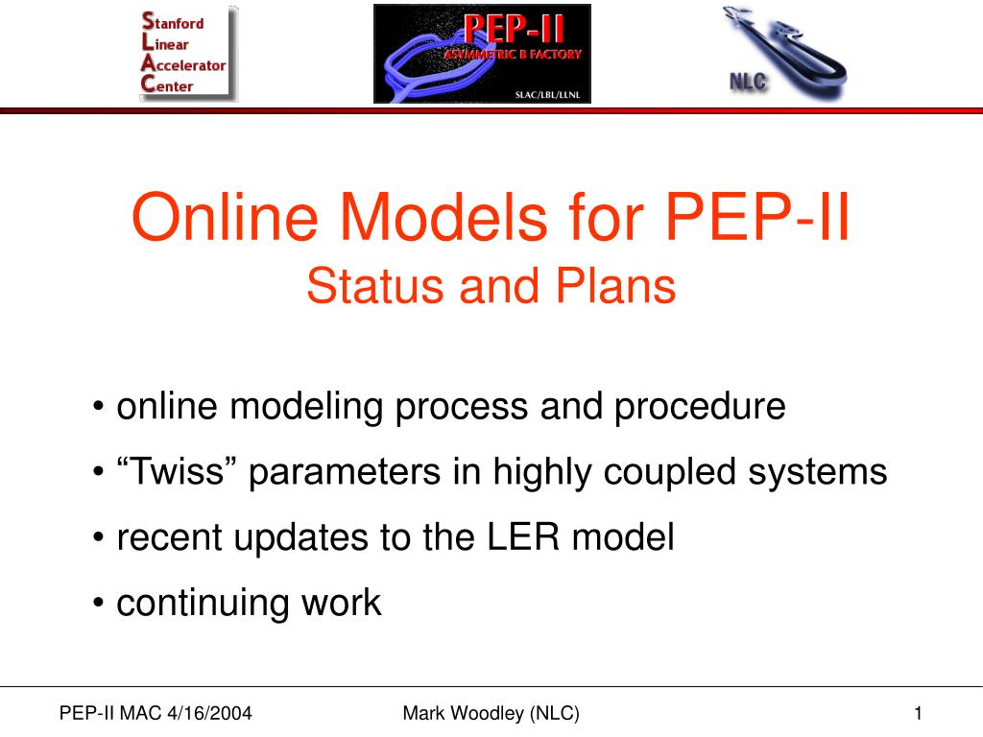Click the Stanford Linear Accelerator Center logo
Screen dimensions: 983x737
click(x=189, y=54)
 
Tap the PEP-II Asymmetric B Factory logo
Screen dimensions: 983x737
click(x=482, y=54)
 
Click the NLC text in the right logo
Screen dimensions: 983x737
click(x=748, y=82)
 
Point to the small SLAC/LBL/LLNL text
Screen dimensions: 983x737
click(x=547, y=95)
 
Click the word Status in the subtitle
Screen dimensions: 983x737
click(x=375, y=286)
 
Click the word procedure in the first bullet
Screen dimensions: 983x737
click(x=700, y=407)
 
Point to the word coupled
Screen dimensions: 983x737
click(x=669, y=473)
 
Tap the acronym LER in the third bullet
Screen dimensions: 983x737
click(x=523, y=537)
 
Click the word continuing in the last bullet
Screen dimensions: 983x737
click(x=203, y=604)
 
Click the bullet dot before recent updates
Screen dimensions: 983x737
click(x=98, y=537)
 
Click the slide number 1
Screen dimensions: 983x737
click(x=918, y=713)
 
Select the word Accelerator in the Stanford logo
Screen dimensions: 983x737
click(x=183, y=64)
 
